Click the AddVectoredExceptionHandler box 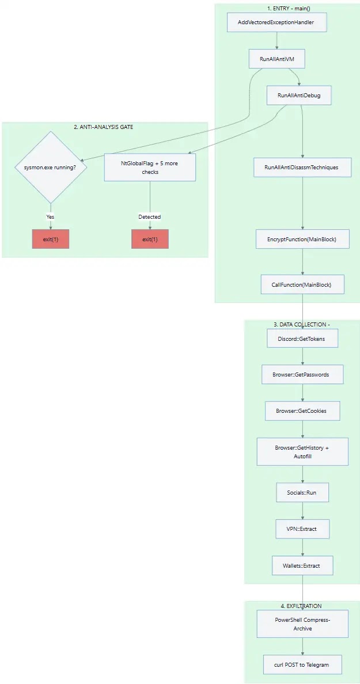coord(276,23)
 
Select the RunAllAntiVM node coord(276,59)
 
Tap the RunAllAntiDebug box coord(299,96)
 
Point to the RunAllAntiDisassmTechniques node coord(302,168)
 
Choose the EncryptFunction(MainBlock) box coord(302,239)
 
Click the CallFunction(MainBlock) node coord(302,285)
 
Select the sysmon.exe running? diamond coord(51,168)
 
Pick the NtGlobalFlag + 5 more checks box coord(150,168)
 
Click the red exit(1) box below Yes coord(51,239)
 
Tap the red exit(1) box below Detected coord(150,239)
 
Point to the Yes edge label coord(51,217)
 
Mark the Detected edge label coord(150,217)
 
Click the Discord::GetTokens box coord(302,339)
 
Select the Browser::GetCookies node coord(302,411)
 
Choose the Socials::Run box coord(302,493)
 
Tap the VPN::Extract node coord(302,529)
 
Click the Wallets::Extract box coord(302,565)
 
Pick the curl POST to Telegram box coord(302,664)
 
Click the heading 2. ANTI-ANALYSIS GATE coord(104,127)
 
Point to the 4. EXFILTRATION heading coord(301,606)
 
